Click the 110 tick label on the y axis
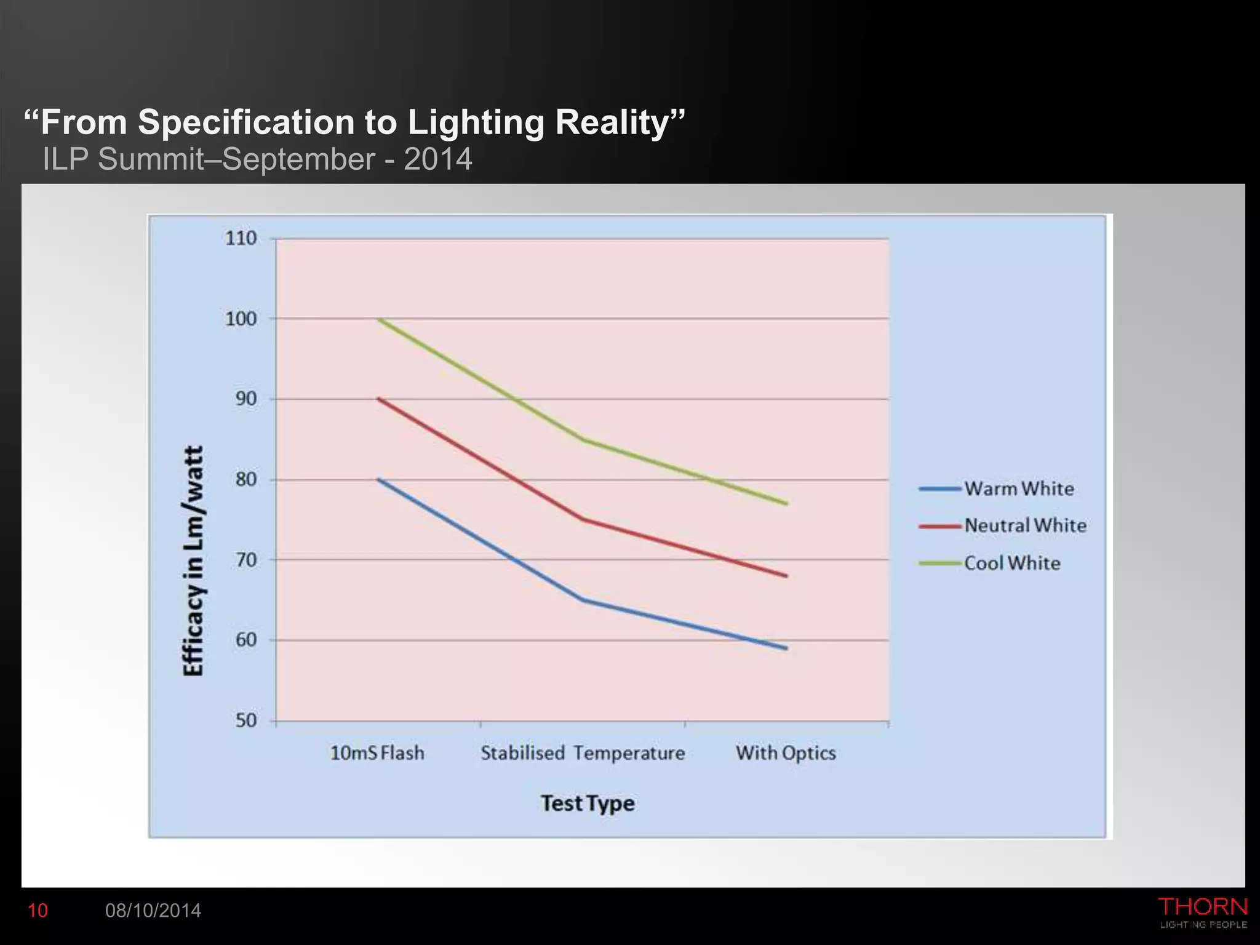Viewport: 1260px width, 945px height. click(x=241, y=239)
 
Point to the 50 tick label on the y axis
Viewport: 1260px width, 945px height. click(x=245, y=720)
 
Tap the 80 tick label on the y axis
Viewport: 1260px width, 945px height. click(x=245, y=479)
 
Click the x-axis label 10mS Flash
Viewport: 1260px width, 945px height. click(x=377, y=753)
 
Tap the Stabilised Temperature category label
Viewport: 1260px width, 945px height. click(x=583, y=753)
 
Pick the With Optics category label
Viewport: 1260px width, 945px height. click(x=786, y=753)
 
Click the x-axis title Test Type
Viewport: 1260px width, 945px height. click(x=588, y=803)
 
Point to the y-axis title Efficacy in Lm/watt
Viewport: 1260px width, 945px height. click(x=193, y=561)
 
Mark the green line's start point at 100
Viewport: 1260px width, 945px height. click(x=379, y=319)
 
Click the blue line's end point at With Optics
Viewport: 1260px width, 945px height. click(x=786, y=648)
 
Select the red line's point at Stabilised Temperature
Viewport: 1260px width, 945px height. click(x=583, y=519)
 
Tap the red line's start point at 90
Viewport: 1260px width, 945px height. click(x=379, y=399)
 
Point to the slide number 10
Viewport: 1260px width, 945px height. click(x=38, y=911)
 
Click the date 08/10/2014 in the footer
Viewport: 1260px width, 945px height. click(x=153, y=911)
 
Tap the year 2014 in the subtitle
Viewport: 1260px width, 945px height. click(x=437, y=159)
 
